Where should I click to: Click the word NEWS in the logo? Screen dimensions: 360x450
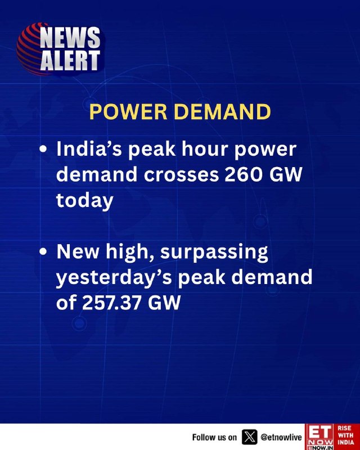70,37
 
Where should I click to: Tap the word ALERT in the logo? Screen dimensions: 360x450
70,60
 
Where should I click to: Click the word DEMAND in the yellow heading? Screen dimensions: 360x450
223,111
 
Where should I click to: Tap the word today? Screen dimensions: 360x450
85,201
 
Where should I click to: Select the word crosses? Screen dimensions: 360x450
181,175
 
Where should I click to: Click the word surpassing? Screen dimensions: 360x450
214,252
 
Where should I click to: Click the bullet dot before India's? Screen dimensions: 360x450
43,149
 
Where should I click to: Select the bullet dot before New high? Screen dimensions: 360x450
43,251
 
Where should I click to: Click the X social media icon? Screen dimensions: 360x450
249,437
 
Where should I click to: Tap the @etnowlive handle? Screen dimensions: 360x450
281,437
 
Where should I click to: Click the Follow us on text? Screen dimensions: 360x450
215,437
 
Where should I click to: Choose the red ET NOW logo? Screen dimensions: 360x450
320,437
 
